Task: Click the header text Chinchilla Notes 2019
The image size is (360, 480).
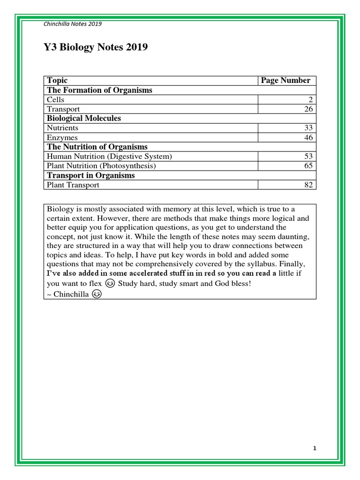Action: point(72,24)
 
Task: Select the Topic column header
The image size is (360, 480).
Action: point(57,81)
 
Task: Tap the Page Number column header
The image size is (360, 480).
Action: point(285,81)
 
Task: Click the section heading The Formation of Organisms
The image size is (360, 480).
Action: point(99,90)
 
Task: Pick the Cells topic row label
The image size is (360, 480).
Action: point(56,100)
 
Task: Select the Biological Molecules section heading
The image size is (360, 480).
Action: point(84,119)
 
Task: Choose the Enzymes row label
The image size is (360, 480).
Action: point(62,138)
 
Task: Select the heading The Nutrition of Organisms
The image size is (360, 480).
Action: point(97,147)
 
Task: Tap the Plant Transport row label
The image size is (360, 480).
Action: point(73,185)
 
